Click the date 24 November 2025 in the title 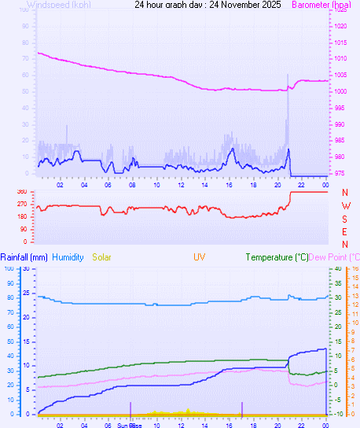pos(235,5)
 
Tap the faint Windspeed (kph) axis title pos(58,5)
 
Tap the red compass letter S pos(345,218)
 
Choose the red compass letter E pos(345,231)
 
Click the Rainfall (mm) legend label pos(24,257)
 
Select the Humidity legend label pos(68,257)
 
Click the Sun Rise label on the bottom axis pos(128,424)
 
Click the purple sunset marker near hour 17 pos(242,408)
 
